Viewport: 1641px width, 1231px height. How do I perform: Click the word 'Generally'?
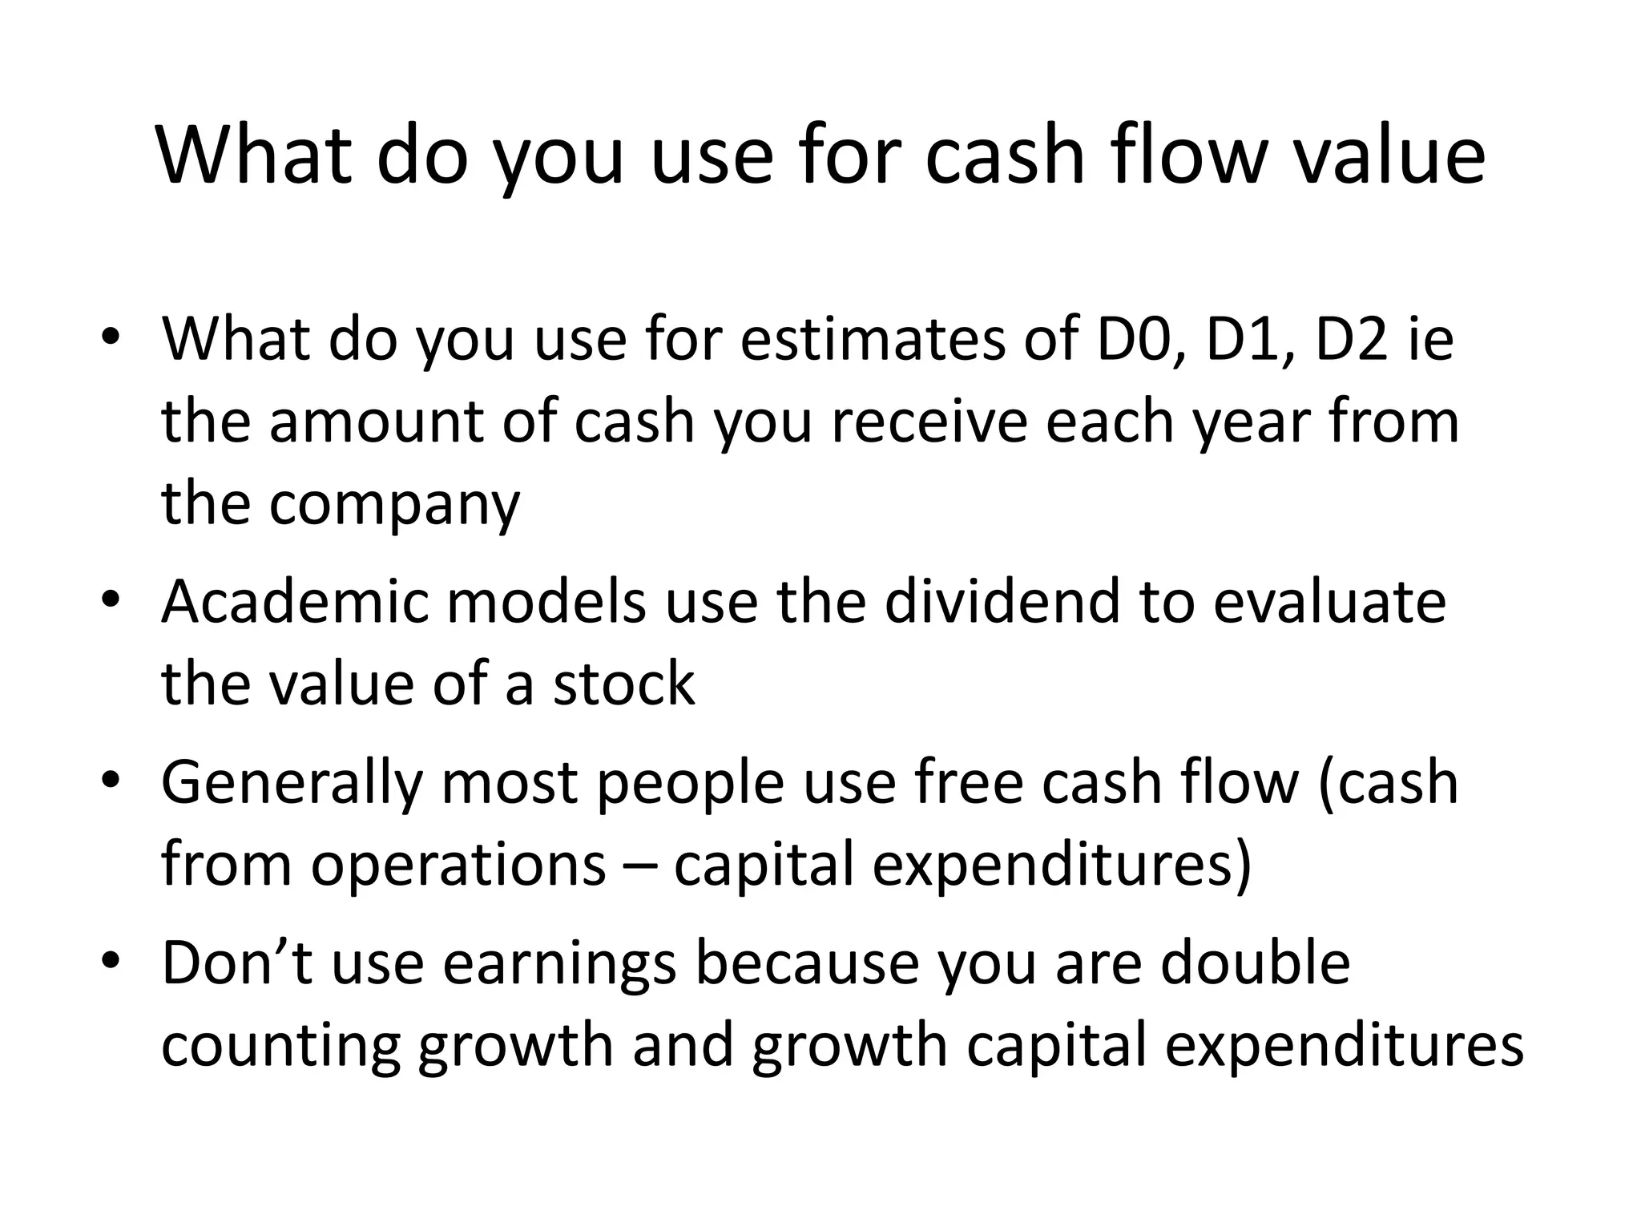pos(291,784)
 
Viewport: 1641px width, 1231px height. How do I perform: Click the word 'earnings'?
pos(559,965)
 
